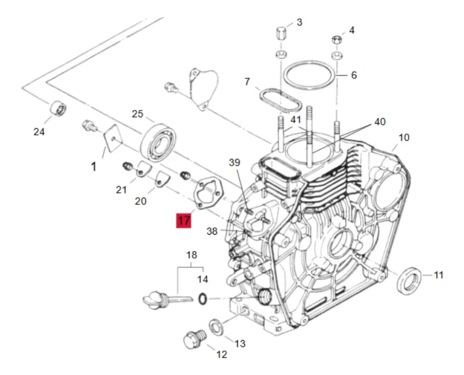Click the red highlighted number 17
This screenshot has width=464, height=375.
184,221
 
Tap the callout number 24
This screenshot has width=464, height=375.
39,132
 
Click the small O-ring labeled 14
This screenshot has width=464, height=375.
201,299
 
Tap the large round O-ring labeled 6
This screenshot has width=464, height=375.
310,74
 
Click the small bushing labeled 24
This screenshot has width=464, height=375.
57,108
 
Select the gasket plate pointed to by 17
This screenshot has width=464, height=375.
205,194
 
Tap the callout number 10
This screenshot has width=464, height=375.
404,137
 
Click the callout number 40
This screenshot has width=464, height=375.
380,122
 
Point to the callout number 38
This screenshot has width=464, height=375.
212,232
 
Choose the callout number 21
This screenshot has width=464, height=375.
121,190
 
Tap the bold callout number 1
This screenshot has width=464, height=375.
93,167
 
